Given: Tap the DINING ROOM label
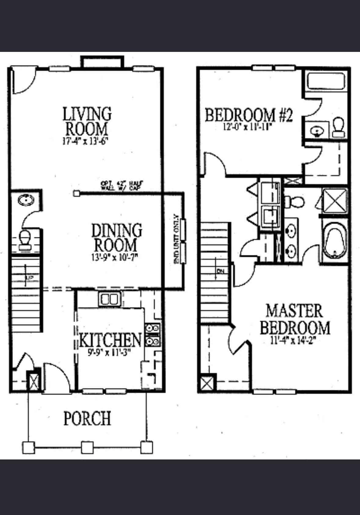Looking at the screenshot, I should [117, 238].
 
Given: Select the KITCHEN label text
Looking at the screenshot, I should [110, 340].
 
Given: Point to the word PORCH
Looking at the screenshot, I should [87, 418].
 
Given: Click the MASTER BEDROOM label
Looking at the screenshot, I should [295, 319].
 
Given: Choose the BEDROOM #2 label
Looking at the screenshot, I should [249, 115].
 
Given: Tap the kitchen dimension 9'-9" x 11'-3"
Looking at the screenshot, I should [109, 352].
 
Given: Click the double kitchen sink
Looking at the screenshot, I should [109, 299].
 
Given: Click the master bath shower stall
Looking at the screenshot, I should [335, 201].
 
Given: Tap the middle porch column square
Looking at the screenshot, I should [87, 448].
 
